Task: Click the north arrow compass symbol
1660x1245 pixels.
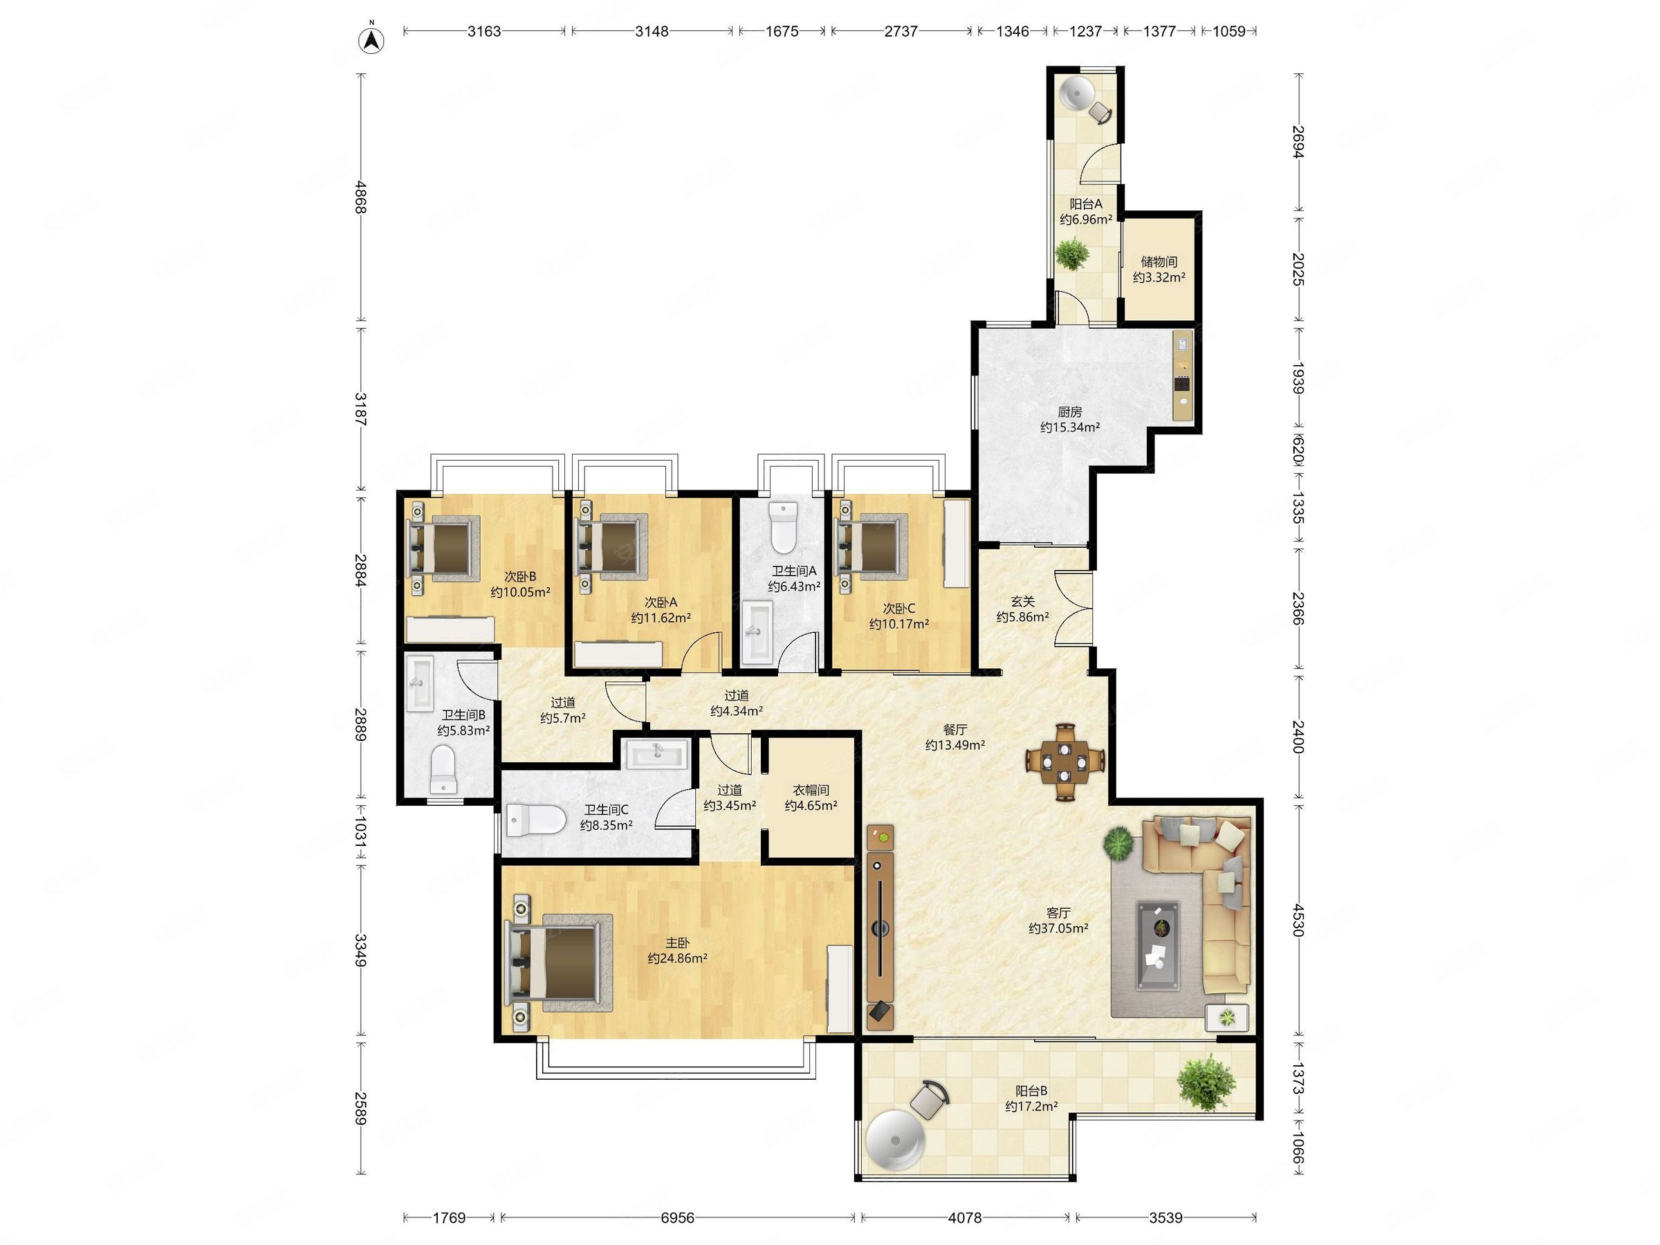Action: click(371, 39)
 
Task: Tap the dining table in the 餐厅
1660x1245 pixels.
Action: click(1066, 762)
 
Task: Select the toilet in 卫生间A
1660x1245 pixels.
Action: click(783, 528)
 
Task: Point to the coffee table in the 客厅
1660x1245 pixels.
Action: click(1158, 945)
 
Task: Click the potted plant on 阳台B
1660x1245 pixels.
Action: click(1206, 1081)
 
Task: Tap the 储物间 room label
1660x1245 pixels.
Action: click(1159, 262)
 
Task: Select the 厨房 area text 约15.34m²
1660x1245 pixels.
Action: click(1070, 427)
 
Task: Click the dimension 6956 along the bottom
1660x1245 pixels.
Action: click(677, 1217)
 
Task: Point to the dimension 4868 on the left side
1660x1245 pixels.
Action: click(361, 197)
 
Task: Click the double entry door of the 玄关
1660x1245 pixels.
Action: click(1075, 609)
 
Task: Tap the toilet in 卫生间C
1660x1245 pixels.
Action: click(535, 820)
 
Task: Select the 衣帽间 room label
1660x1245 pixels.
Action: click(811, 790)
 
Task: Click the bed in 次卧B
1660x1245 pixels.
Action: click(442, 548)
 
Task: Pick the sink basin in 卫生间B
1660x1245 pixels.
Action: click(418, 683)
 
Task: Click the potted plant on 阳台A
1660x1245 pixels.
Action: click(1072, 253)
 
